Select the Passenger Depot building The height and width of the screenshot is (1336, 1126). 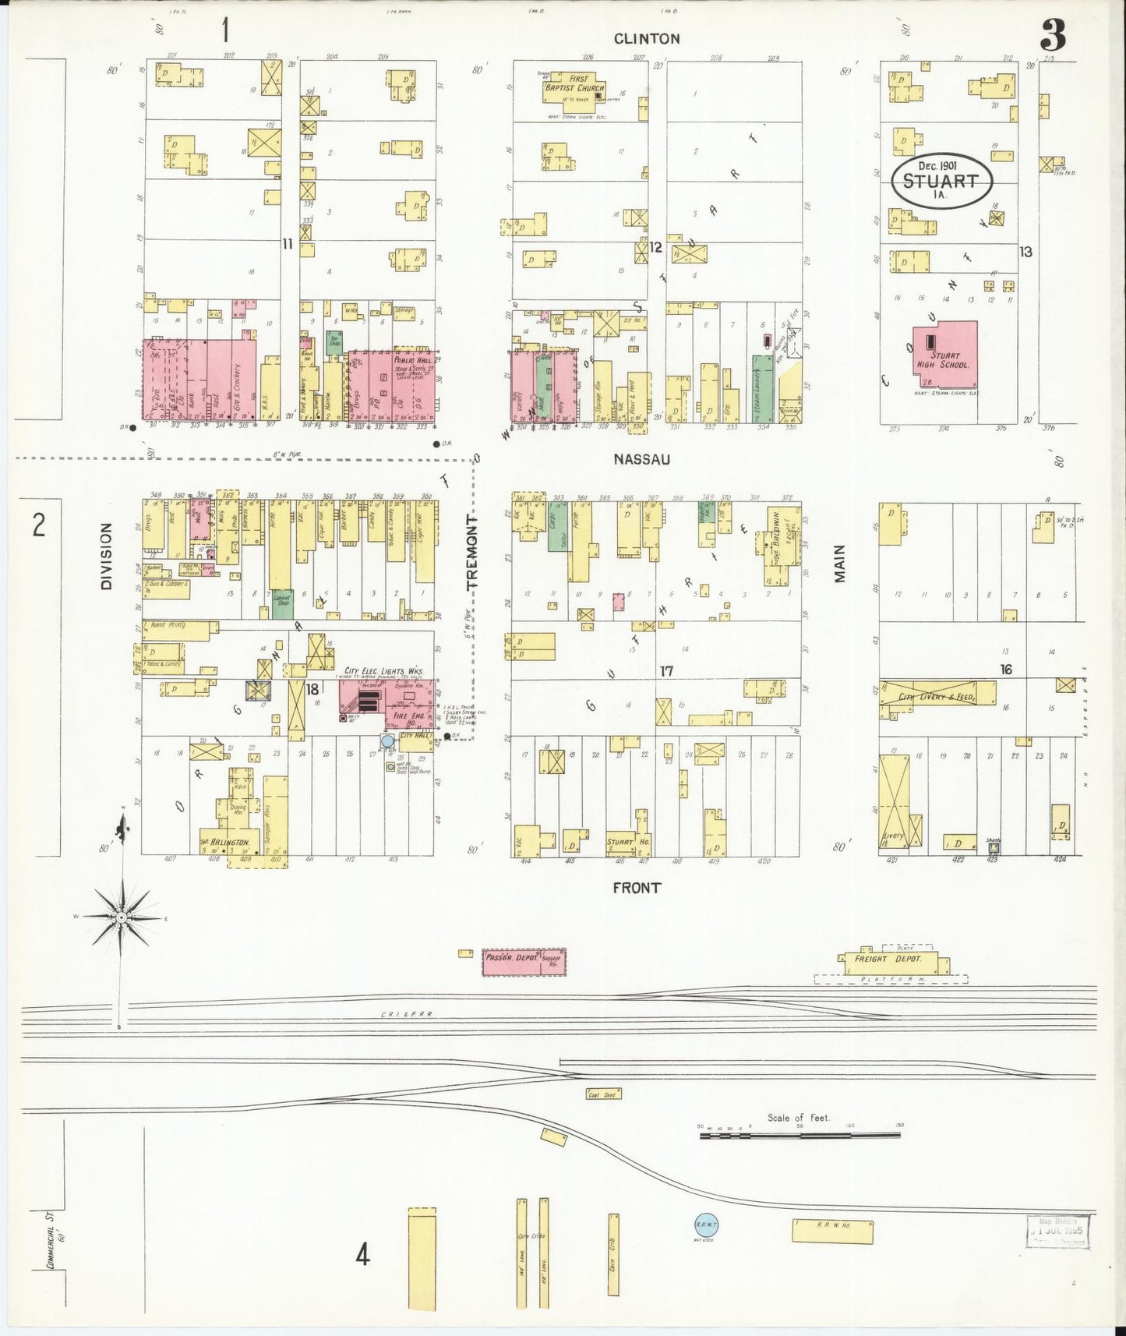[x=524, y=962]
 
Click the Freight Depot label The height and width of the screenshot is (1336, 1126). [x=888, y=959]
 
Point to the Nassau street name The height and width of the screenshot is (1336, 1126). [x=641, y=459]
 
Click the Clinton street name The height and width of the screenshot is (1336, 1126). [x=646, y=38]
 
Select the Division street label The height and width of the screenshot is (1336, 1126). [x=106, y=556]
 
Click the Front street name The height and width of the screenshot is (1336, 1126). [x=636, y=887]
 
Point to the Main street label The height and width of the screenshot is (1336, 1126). [x=839, y=563]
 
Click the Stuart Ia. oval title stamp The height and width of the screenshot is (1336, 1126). [x=941, y=181]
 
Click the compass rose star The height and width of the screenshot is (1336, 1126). [x=122, y=918]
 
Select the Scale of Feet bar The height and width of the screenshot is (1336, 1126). [x=800, y=1135]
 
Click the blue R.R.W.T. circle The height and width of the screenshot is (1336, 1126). [x=705, y=1226]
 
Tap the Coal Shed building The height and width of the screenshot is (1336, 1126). [x=603, y=1094]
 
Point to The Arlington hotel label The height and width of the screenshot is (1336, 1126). [x=225, y=843]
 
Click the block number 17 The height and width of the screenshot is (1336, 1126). [x=666, y=670]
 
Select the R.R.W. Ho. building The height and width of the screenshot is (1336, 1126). [x=832, y=1231]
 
